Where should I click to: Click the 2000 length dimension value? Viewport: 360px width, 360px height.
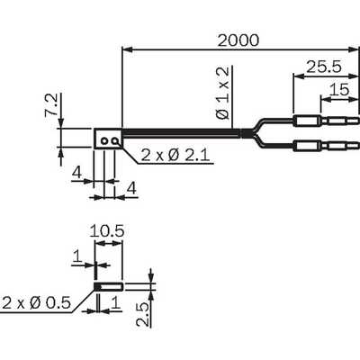238,40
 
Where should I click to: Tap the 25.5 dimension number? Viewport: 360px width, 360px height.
324,67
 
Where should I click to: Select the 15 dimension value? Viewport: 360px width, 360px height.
339,89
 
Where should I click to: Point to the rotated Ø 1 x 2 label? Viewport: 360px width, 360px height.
223,93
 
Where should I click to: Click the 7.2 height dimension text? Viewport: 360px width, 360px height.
51,104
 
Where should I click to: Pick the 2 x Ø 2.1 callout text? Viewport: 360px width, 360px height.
175,156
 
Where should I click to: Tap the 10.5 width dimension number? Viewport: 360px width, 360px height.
107,231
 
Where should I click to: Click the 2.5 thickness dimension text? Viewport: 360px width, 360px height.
142,315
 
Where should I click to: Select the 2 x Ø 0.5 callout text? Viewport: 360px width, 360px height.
36,303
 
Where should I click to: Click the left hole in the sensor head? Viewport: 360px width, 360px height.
104,140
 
